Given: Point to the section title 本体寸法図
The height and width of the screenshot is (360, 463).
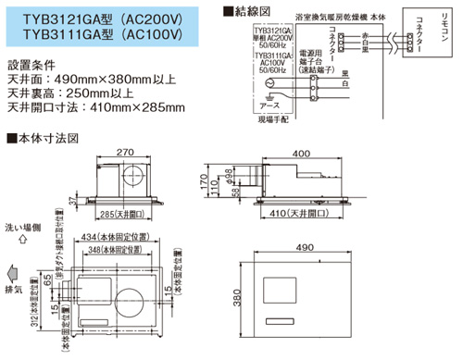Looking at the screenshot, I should pos(47,140).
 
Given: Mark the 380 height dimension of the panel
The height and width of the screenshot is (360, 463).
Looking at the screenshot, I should pos(239,299).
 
